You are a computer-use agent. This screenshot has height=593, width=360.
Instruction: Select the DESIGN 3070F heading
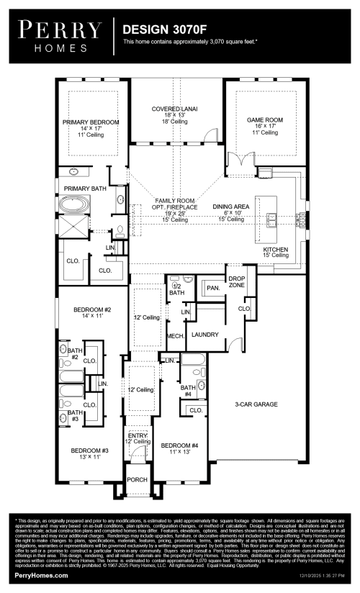163,31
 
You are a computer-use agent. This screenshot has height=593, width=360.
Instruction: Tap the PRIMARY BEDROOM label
90,122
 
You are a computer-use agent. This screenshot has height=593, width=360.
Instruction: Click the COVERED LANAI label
175,109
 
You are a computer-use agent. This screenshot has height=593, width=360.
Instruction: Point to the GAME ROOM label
265,120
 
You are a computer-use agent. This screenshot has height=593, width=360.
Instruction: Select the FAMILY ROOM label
170,202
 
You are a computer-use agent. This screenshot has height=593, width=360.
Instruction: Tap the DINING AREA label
231,207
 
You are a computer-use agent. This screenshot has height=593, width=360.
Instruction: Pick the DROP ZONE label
237,281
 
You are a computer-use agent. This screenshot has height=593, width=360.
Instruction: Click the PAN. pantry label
212,287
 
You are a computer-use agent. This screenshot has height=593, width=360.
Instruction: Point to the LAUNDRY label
205,334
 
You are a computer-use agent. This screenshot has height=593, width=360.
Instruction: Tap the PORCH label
137,479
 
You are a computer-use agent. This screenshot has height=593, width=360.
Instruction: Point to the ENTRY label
138,435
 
